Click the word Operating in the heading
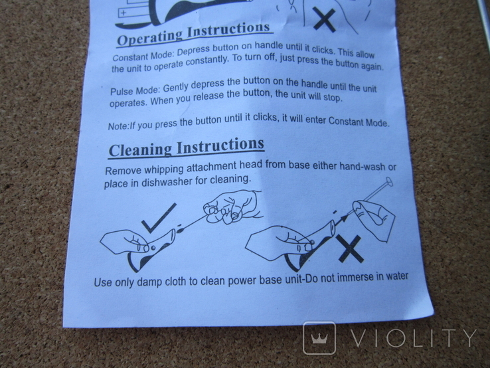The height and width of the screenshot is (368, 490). click(x=149, y=37)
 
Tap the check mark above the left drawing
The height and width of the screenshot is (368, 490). click(x=159, y=218)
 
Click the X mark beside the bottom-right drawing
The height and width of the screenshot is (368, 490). click(x=351, y=248)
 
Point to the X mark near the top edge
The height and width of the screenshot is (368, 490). click(x=325, y=19)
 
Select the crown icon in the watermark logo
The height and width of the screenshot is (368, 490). click(x=319, y=338)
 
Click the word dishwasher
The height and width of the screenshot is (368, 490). click(x=167, y=181)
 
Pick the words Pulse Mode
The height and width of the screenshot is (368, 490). click(x=135, y=90)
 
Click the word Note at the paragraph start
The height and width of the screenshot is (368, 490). click(x=118, y=126)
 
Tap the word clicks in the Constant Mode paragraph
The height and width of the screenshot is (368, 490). click(x=321, y=50)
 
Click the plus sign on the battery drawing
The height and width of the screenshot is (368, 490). click(x=123, y=13)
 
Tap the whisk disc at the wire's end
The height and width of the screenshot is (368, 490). click(x=389, y=181)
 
